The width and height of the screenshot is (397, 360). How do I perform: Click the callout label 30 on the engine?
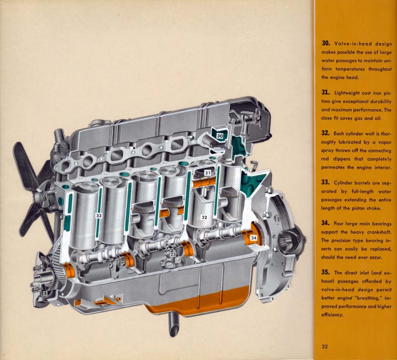220,136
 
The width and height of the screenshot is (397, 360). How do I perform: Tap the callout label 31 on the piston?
207,172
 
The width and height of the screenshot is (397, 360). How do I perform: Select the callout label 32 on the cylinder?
204,217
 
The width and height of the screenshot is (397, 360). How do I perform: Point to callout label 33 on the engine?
99,215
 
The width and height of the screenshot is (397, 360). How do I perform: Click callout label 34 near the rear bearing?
254,237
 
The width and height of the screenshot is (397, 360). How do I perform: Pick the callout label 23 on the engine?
173,254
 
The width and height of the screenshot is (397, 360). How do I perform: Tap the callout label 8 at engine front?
45,293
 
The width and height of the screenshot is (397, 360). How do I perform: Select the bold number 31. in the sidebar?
325,92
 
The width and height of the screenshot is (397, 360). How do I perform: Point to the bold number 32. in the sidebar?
326,133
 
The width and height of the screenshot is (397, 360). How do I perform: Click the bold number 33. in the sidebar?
326,182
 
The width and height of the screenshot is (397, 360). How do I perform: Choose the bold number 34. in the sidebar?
326,223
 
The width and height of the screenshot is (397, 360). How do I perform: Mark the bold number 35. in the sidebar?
326,272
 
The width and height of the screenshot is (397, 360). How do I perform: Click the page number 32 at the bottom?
325,346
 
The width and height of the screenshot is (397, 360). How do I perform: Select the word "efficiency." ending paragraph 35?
332,315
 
